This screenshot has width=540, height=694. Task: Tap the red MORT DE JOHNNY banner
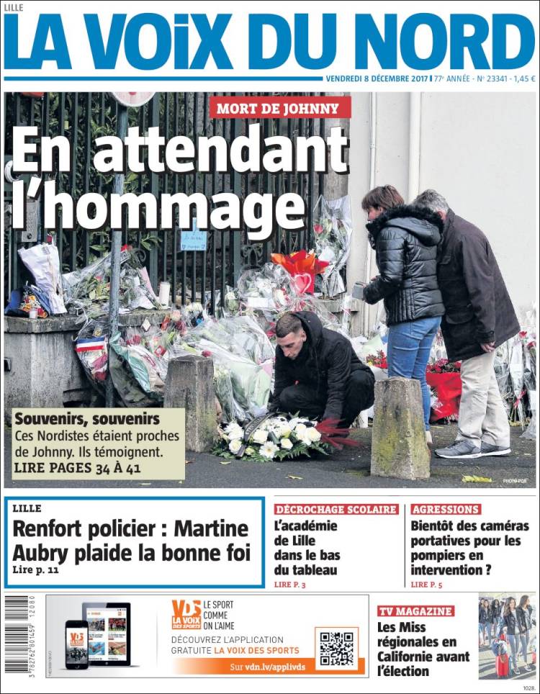tap(280, 108)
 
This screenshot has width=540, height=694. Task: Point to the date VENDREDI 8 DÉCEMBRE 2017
tap(377, 79)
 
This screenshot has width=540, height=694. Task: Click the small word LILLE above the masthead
tap(14, 7)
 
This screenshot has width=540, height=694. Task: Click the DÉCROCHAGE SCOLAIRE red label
tap(336, 509)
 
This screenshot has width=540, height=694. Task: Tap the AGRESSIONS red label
tap(446, 509)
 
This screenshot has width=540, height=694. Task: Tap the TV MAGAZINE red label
tap(415, 611)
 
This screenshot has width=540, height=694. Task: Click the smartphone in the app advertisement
tap(76, 644)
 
